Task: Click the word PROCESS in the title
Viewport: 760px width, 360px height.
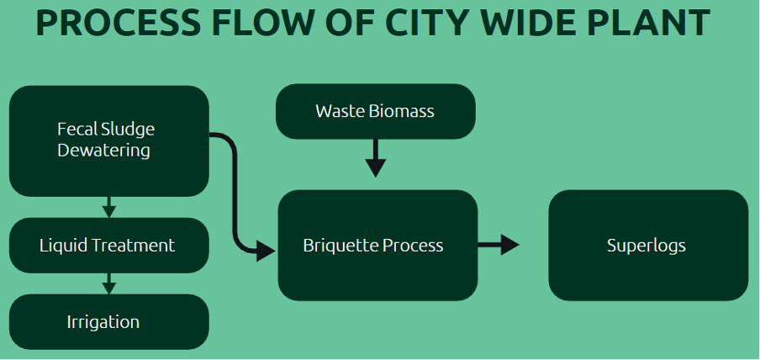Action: click(x=119, y=23)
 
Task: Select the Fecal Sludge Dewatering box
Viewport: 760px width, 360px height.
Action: click(x=109, y=141)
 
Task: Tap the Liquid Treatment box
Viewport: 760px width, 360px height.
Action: click(x=109, y=246)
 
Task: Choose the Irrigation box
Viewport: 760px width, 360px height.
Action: click(x=109, y=321)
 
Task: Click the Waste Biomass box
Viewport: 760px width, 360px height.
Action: click(x=376, y=111)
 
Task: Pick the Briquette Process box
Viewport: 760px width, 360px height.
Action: click(x=378, y=246)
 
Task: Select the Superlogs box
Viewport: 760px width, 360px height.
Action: click(x=648, y=246)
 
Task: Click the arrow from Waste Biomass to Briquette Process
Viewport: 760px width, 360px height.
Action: click(x=376, y=158)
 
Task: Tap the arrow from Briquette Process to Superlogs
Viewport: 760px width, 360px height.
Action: click(x=499, y=245)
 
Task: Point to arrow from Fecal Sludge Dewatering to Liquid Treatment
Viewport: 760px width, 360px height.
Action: click(x=109, y=207)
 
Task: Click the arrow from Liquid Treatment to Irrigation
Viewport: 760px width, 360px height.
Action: click(x=109, y=283)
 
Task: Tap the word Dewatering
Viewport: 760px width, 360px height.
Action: click(x=103, y=151)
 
